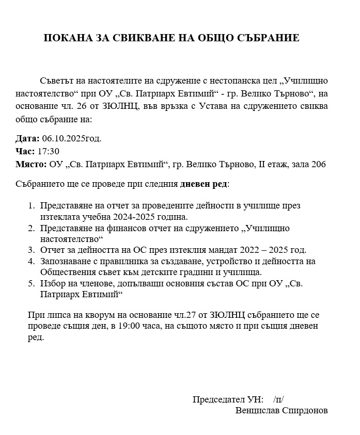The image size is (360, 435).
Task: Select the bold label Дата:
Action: (27, 138)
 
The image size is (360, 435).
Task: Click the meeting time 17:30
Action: (49, 151)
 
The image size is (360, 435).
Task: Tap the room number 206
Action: (319, 164)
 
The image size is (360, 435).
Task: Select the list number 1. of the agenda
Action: (32, 205)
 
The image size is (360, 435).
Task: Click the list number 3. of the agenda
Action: (32, 250)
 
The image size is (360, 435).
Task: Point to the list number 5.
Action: (32, 283)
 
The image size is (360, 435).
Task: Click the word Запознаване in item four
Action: (65, 261)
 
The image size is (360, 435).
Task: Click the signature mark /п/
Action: (279, 399)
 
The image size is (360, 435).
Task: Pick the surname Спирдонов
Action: (305, 411)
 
